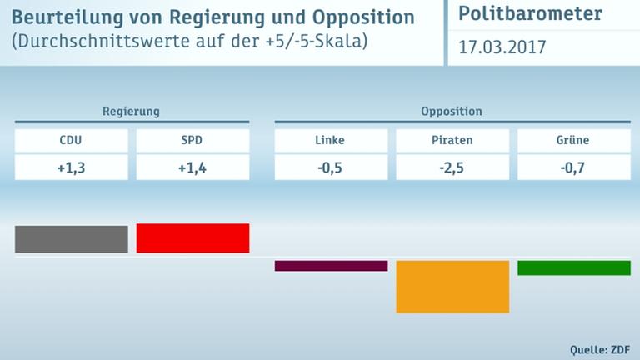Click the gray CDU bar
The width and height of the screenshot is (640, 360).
tap(71, 238)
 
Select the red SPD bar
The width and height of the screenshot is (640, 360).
tap(192, 237)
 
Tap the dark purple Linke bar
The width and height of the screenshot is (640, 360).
tap(331, 266)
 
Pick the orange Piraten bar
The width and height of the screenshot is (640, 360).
tap(452, 287)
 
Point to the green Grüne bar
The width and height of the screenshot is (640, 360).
tap(574, 267)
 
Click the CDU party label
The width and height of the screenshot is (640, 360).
tap(71, 140)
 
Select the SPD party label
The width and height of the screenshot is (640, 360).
tap(192, 140)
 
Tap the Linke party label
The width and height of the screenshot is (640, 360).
tap(331, 140)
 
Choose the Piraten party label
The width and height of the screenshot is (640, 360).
tap(452, 140)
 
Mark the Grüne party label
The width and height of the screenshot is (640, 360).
tap(574, 140)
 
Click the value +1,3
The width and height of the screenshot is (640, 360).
tap(71, 167)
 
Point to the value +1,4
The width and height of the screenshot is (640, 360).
tap(192, 167)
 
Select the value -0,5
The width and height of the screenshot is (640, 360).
tap(331, 167)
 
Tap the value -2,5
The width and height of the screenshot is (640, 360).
tap(452, 167)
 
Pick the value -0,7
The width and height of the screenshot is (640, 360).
tap(574, 167)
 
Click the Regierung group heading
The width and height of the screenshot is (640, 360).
tap(131, 111)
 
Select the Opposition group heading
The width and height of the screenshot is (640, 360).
tap(452, 111)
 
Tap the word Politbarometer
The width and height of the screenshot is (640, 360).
tap(531, 15)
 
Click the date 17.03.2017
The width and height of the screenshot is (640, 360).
tap(502, 47)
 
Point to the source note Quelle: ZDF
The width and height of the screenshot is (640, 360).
tap(598, 347)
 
